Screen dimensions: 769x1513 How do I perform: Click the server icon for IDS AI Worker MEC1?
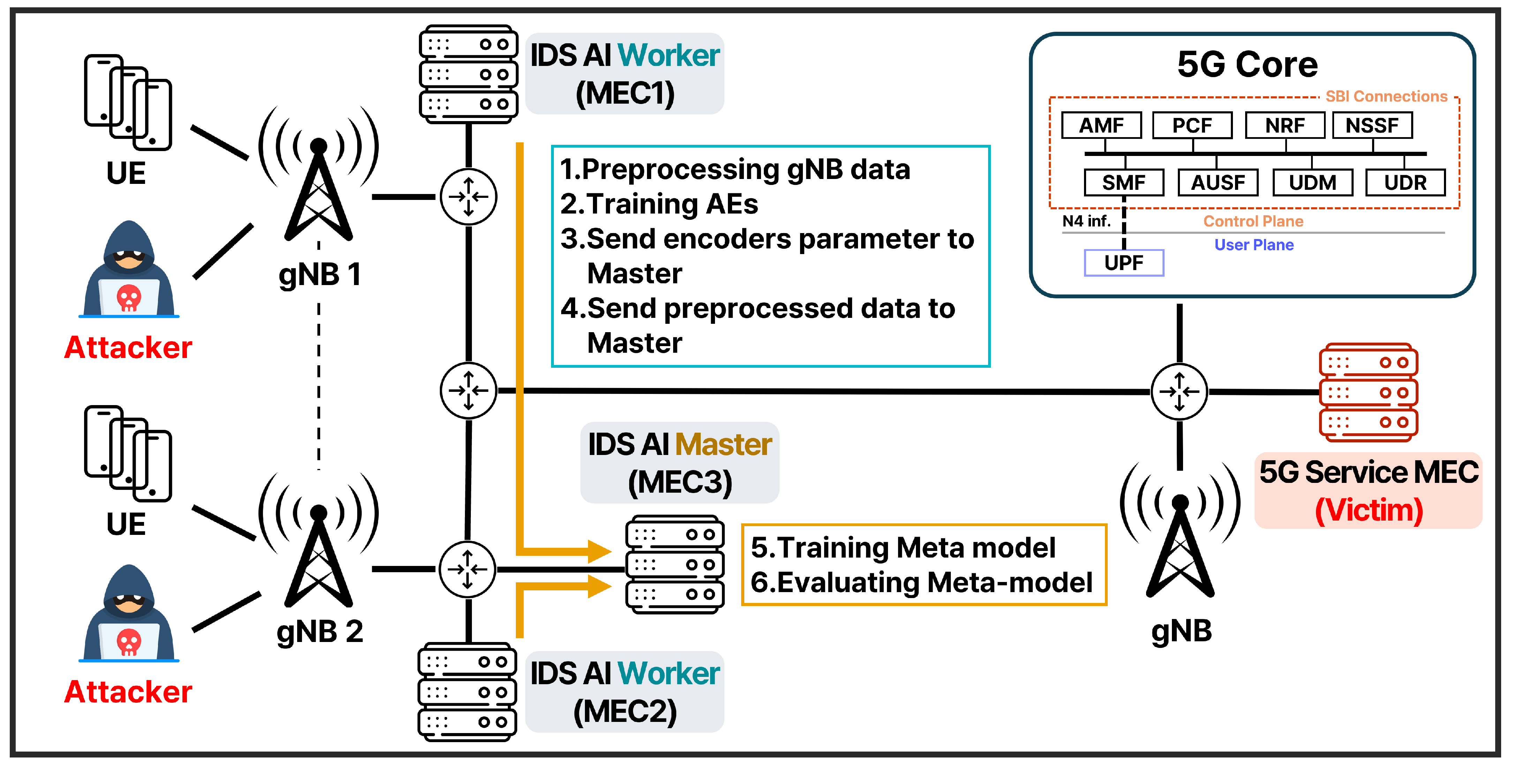point(468,74)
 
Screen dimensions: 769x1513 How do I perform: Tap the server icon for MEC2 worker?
point(467,692)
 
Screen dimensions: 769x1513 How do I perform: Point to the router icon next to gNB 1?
point(468,197)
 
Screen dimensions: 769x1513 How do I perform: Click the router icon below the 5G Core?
point(1179,391)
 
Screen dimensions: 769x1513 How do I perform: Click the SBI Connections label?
point(1386,96)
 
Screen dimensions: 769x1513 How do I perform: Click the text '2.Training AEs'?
point(659,204)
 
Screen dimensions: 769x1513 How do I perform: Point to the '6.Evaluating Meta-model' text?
point(921,582)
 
